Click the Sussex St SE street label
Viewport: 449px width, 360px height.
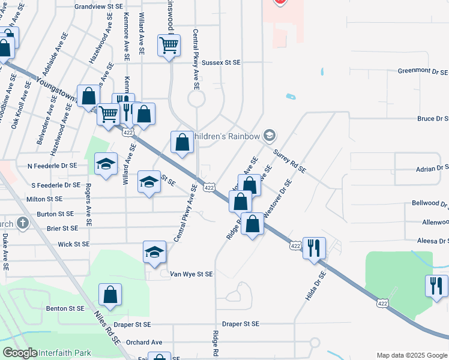click(220, 62)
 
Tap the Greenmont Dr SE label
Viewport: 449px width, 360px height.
click(423, 71)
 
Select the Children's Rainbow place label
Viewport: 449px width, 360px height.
click(226, 136)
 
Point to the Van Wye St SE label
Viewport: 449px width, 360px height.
click(191, 274)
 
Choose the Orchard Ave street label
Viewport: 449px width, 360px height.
click(145, 343)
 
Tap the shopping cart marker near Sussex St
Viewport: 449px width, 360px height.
click(169, 45)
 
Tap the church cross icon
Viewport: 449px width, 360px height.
click(23, 224)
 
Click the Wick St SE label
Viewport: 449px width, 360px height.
click(74, 245)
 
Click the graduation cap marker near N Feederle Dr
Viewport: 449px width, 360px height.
click(106, 164)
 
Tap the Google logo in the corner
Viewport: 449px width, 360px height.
click(20, 353)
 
